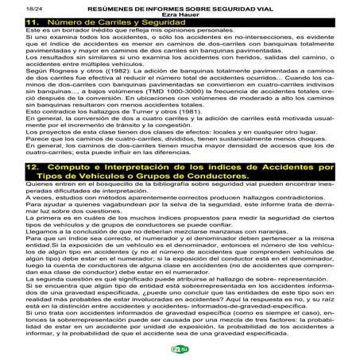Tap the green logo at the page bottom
(180, 350)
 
